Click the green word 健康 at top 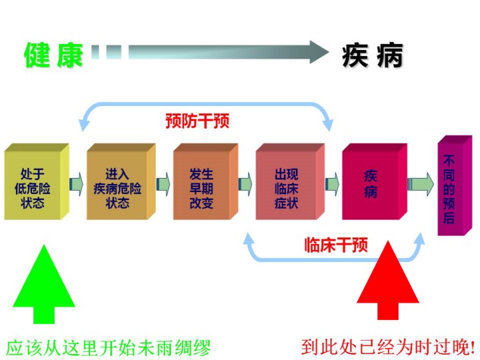(x=53, y=55)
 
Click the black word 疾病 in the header (x=373, y=56)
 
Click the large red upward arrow (x=388, y=280)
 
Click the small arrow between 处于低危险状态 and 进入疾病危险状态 (x=76, y=182)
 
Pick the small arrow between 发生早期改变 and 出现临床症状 (x=245, y=182)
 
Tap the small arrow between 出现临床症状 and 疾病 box (x=331, y=182)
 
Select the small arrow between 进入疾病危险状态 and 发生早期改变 (x=163, y=182)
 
